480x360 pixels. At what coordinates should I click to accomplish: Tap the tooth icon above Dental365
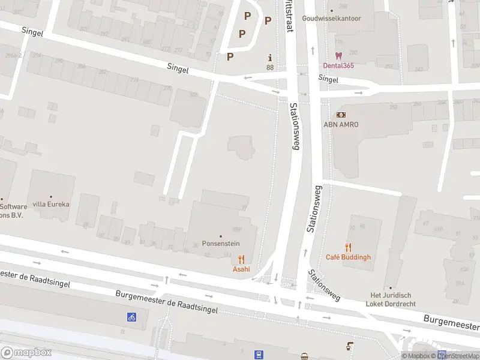[x=338, y=55]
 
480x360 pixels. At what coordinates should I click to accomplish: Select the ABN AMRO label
[x=341, y=124]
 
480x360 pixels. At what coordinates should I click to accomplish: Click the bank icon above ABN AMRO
[x=341, y=115]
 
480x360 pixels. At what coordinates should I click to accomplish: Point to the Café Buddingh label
[x=348, y=257]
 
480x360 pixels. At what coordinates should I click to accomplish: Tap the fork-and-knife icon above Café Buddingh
[x=348, y=247]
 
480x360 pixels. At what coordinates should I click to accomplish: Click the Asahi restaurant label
[x=241, y=269]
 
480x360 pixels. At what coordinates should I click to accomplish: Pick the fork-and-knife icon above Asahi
[x=241, y=259]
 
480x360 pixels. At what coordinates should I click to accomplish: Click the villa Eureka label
[x=51, y=204]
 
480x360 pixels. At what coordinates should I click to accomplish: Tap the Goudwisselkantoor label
[x=332, y=19]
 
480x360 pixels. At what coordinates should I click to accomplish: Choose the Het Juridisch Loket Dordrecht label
[x=391, y=299]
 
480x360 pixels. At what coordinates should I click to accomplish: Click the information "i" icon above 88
[x=270, y=58]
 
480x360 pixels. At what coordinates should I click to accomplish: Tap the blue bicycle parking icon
[x=131, y=317]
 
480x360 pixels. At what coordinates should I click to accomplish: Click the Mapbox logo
[x=26, y=352]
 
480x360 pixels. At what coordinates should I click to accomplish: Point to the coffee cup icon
[x=349, y=346]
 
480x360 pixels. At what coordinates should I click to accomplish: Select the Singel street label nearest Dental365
[x=328, y=79]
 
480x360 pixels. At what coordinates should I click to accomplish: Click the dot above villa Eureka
[x=51, y=196]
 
